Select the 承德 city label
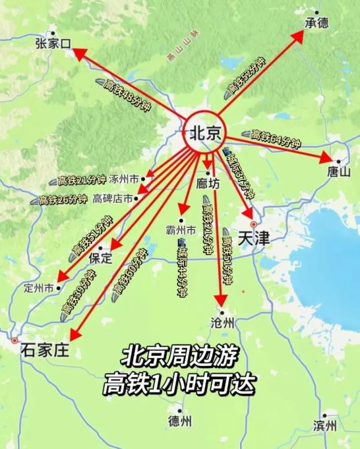click(316, 22)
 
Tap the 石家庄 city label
click(44, 349)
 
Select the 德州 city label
click(179, 421)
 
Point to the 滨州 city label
click(325, 424)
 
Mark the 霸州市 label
click(181, 231)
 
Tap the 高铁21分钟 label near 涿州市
click(81, 180)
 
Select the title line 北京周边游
click(179, 356)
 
